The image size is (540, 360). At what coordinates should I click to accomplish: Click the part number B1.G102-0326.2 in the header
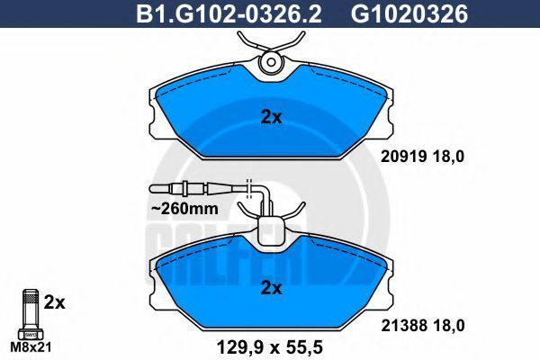coord(229,14)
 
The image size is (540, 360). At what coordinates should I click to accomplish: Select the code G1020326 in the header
coord(409,14)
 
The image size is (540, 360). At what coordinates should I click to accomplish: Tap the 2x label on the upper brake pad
coord(271,118)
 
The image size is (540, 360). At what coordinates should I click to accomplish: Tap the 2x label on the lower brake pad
coord(271,288)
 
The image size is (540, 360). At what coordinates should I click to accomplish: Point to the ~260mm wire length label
coord(184,209)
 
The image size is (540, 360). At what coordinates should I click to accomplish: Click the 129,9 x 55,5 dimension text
coord(269,347)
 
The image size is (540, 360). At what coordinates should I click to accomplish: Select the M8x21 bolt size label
coord(31,347)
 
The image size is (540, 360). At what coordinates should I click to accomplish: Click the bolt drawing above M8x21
coord(31,314)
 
